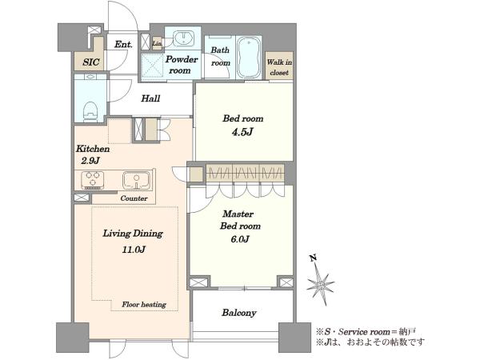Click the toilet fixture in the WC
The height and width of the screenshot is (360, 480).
pyautogui.click(x=90, y=111)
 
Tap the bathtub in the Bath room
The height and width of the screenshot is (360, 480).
pyautogui.click(x=249, y=58)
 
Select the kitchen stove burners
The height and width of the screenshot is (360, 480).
pyautogui.click(x=93, y=180)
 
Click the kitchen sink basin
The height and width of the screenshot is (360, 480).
pyautogui.click(x=137, y=180)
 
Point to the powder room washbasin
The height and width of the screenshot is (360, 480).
pyautogui.click(x=183, y=38)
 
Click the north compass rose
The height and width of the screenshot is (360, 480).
pyautogui.click(x=321, y=286)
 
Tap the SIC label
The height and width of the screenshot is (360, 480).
pyautogui.click(x=91, y=62)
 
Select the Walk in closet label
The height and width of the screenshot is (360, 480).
pyautogui.click(x=279, y=67)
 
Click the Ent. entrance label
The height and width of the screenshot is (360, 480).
pyautogui.click(x=123, y=44)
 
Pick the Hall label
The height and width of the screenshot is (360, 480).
pyautogui.click(x=150, y=98)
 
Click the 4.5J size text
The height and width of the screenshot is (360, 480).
pyautogui.click(x=242, y=132)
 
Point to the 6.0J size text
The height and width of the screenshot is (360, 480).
pyautogui.click(x=240, y=238)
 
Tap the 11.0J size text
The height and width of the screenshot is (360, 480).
pyautogui.click(x=134, y=250)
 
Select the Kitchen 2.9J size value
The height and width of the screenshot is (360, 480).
pyautogui.click(x=90, y=161)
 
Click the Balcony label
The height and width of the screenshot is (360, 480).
pyautogui.click(x=239, y=313)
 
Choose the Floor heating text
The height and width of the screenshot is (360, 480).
pyautogui.click(x=144, y=304)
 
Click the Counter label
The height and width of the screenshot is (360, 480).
pyautogui.click(x=134, y=198)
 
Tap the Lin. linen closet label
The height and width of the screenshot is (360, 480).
pyautogui.click(x=157, y=43)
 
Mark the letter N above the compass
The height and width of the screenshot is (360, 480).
pyautogui.click(x=313, y=258)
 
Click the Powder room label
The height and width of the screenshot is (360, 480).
pyautogui.click(x=182, y=65)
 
